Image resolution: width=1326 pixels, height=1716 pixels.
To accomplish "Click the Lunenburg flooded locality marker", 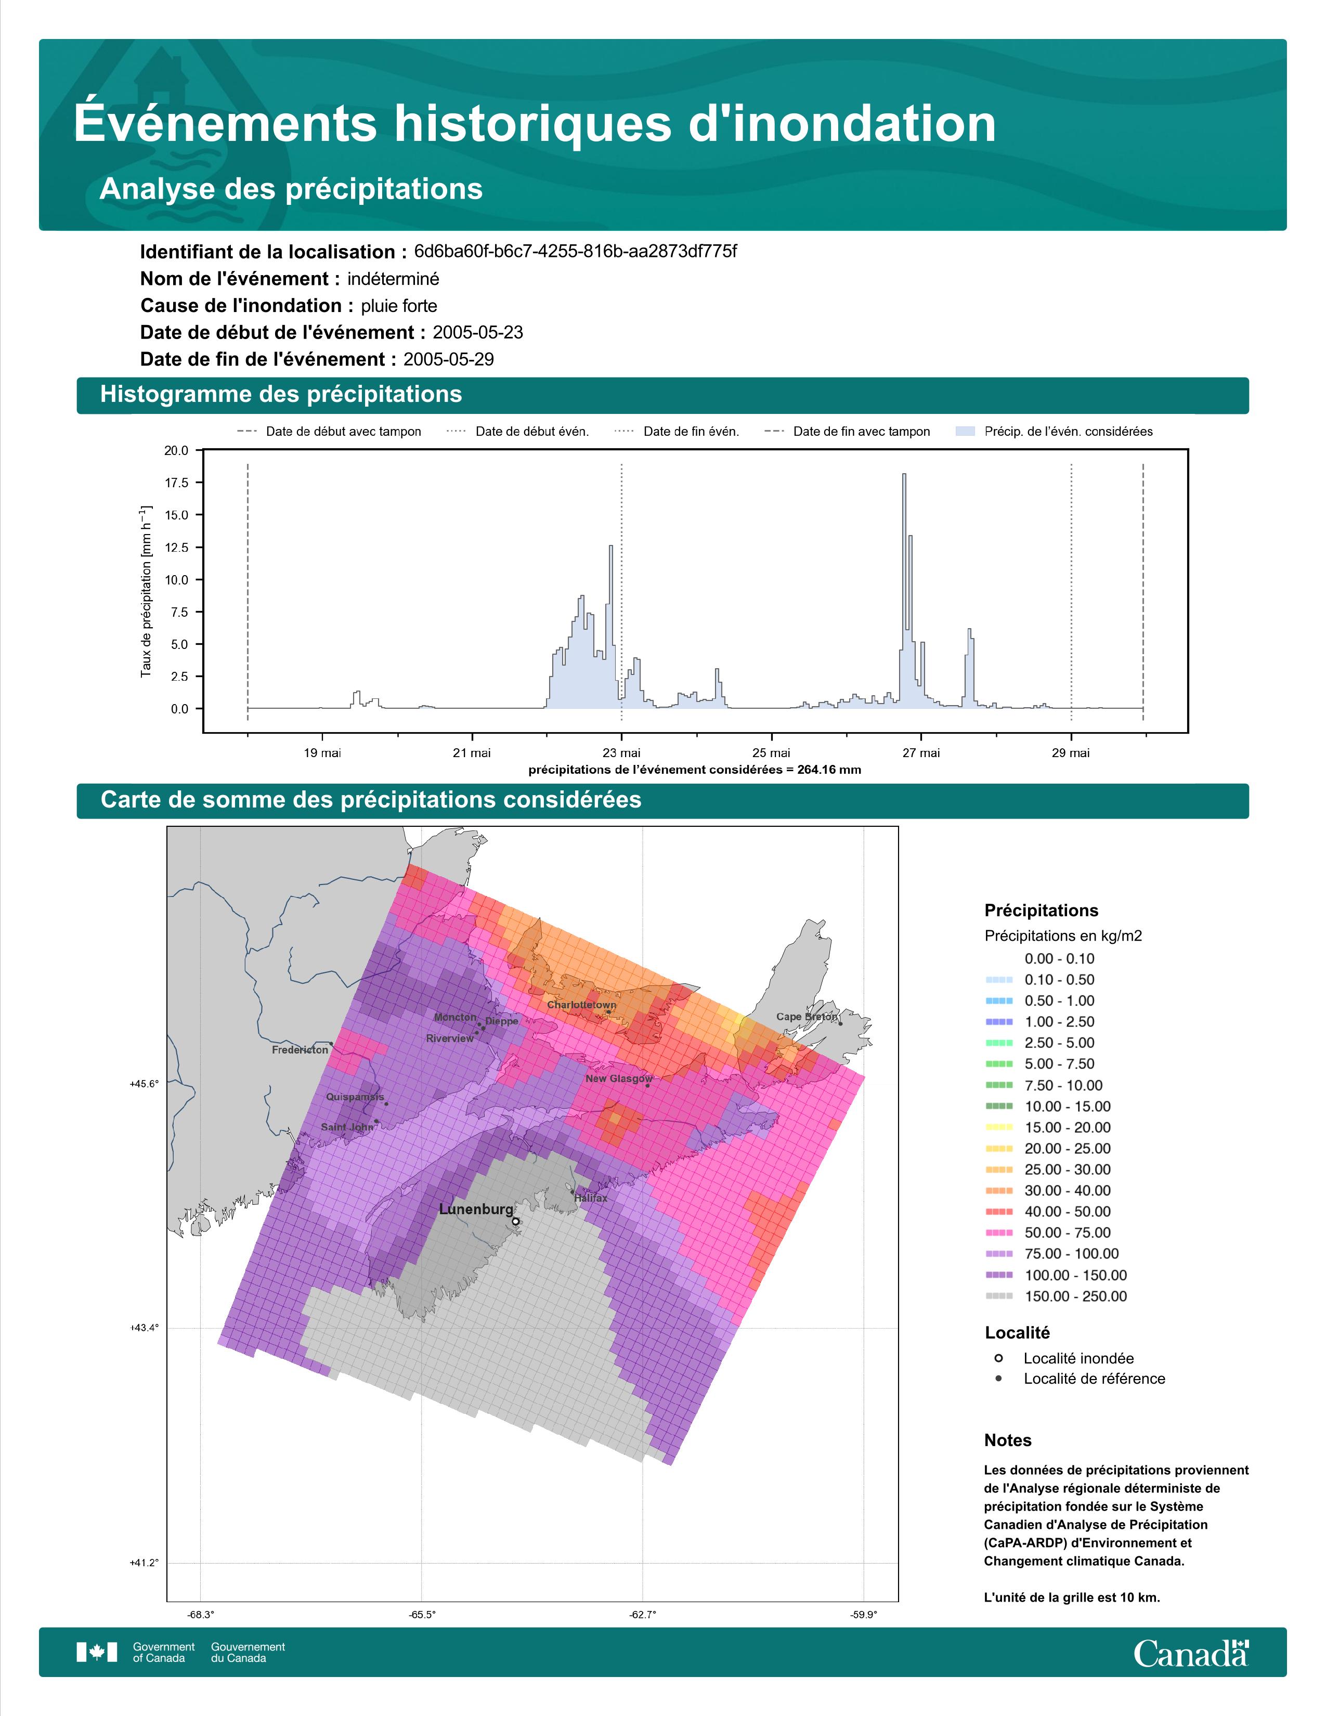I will pos(515,1221).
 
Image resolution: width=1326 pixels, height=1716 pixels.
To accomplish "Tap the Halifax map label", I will pos(590,1198).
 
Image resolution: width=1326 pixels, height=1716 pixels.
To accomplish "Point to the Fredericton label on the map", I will pos(300,1050).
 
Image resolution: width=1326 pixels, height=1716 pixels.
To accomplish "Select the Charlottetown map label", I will pos(581,1005).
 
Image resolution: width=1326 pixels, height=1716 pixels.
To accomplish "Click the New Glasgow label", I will pos(618,1079).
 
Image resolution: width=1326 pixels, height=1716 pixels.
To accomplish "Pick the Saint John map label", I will pos(346,1127).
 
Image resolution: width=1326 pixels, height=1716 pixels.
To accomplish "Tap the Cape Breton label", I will pos(806,1017).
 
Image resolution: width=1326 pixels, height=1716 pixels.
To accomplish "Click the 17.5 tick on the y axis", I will pos(176,483).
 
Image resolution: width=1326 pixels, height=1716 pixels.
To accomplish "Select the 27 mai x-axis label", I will pos(920,753).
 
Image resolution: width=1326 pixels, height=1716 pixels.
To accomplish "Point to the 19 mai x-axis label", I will pos(322,753).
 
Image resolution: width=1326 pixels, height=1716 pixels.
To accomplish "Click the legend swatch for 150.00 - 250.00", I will pos(998,1296).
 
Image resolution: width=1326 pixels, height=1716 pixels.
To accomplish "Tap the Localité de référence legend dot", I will pos(998,1378).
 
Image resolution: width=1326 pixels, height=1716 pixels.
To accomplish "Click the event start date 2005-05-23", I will pos(477,332).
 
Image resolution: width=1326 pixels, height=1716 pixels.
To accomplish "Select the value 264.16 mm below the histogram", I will pos(829,770).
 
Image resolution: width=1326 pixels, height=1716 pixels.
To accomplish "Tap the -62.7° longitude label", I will pos(643,1615).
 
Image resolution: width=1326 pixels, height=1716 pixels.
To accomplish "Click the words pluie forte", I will pos(399,306).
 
